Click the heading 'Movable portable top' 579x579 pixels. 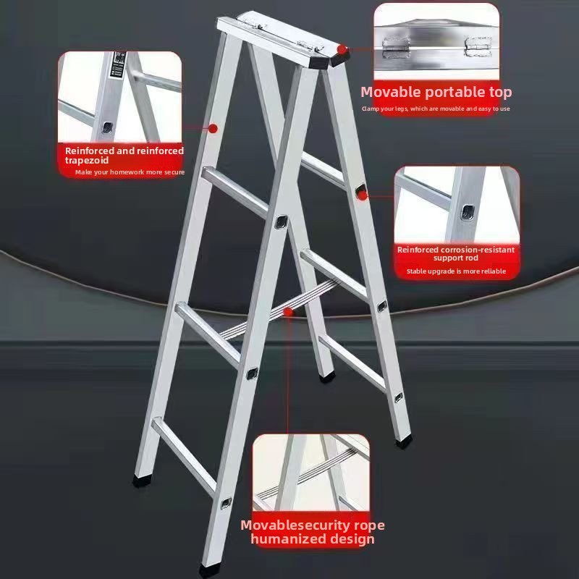436,92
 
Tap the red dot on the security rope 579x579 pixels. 289,312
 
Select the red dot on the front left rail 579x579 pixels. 214,128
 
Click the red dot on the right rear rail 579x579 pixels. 360,193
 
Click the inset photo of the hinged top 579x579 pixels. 436,41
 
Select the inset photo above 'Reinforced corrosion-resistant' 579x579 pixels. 457,205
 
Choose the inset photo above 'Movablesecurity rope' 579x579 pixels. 311,473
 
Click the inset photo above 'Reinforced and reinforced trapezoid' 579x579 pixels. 119,97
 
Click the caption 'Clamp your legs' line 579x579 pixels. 436,109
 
